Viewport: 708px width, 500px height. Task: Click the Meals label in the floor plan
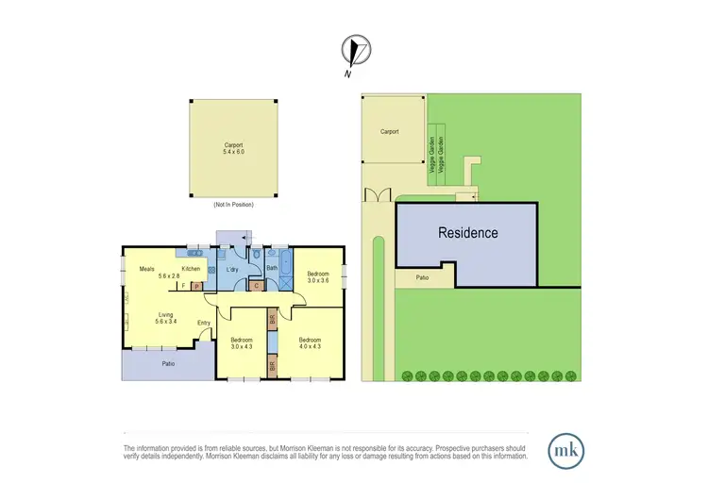pos(146,269)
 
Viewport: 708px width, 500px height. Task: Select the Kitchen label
pos(192,269)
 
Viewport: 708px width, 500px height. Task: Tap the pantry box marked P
pos(196,287)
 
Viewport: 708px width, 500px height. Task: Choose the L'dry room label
pos(229,270)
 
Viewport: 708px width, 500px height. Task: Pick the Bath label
pos(271,269)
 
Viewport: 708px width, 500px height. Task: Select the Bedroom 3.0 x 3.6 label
pos(318,276)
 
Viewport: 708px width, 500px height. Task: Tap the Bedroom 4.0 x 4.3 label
pos(311,342)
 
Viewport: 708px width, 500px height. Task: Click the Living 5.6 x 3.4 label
pos(166,319)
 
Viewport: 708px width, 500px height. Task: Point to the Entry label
pos(203,324)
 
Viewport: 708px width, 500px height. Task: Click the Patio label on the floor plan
pos(167,363)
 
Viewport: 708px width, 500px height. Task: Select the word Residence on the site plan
pos(467,232)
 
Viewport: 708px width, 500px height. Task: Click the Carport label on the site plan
pos(390,132)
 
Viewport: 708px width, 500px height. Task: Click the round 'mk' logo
pos(565,447)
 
